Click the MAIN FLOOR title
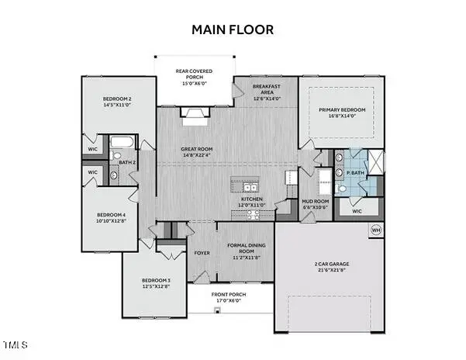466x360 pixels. [233, 29]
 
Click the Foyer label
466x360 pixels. [202, 251]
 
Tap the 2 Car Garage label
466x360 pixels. [330, 266]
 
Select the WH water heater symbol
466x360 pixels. [376, 230]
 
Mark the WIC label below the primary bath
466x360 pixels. [357, 210]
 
